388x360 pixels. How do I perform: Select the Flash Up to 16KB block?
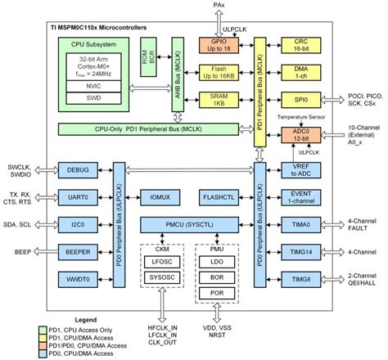(219, 74)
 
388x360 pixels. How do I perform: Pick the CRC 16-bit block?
(301, 46)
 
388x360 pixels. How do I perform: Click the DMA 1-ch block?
(301, 74)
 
